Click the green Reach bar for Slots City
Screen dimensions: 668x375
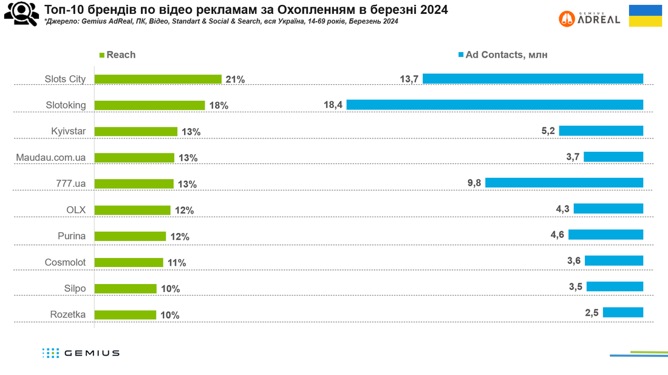point(158,79)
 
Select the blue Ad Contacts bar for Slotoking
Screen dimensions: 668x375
point(494,105)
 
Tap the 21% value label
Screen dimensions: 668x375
point(235,79)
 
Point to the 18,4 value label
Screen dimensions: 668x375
point(333,105)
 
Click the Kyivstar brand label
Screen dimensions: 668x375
point(68,131)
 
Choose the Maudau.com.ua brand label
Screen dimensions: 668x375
point(50,158)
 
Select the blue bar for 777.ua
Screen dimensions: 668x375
point(564,183)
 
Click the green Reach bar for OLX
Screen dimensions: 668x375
point(132,210)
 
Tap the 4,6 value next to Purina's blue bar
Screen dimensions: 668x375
point(557,235)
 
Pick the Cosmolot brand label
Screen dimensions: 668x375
point(65,262)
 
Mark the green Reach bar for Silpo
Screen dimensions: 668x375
point(126,289)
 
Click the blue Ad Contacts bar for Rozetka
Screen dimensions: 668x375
point(623,312)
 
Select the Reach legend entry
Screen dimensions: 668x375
point(118,55)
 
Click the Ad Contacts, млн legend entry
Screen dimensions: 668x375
point(503,55)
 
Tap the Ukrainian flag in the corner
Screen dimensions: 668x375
point(646,16)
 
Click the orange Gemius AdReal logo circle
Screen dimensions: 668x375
point(567,19)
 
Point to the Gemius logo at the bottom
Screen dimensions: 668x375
point(81,353)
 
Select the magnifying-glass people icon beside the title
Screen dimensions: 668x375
point(21,14)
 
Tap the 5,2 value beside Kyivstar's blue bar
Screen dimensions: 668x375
point(548,130)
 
